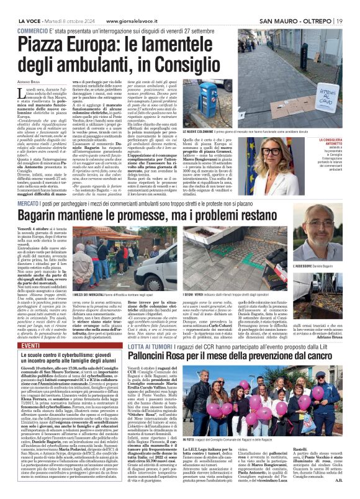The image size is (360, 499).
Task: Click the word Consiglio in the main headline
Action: pyautogui.click(x=185, y=63)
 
